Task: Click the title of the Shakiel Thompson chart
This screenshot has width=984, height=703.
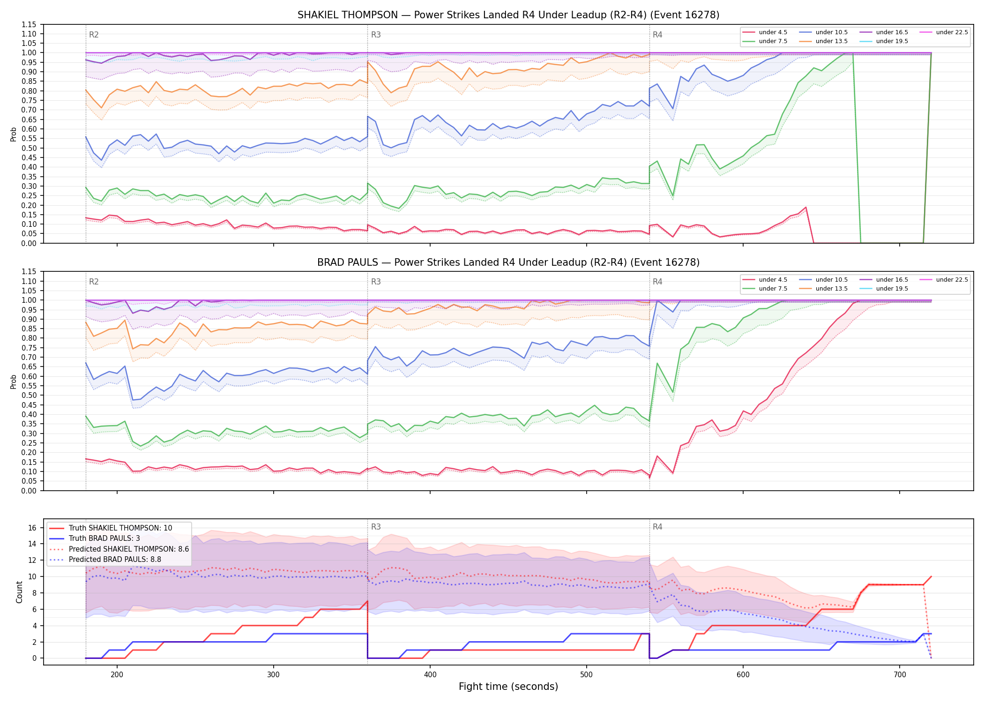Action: pyautogui.click(x=508, y=15)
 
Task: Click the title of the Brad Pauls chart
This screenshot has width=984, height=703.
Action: pyautogui.click(x=508, y=262)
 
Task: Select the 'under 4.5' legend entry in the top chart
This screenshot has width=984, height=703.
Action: pyautogui.click(x=765, y=32)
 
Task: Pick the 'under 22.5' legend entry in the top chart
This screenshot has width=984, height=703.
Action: pyautogui.click(x=944, y=32)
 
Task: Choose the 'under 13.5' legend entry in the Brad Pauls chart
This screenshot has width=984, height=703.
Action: pyautogui.click(x=824, y=289)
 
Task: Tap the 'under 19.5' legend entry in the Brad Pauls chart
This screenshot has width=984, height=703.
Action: pyautogui.click(x=884, y=289)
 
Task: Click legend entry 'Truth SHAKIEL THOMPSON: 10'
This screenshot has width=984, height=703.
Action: pyautogui.click(x=111, y=528)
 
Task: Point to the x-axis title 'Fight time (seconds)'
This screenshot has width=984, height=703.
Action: pyautogui.click(x=508, y=687)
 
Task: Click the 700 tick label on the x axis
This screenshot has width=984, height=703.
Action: pyautogui.click(x=900, y=675)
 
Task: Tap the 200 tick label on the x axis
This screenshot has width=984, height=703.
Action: pyautogui.click(x=117, y=675)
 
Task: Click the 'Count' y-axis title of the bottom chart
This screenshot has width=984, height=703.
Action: pyautogui.click(x=20, y=592)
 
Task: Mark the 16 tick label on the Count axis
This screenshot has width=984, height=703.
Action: pyautogui.click(x=32, y=528)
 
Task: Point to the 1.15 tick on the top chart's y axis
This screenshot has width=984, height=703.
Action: pyautogui.click(x=29, y=24)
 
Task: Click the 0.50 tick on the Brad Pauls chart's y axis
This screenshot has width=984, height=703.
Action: pyautogui.click(x=29, y=396)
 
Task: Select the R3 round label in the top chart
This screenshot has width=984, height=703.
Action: pyautogui.click(x=376, y=35)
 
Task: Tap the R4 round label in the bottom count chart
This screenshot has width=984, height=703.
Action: pyautogui.click(x=657, y=527)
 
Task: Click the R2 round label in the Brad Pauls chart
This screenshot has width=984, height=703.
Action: pyautogui.click(x=94, y=282)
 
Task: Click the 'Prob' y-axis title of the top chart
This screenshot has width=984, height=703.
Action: pyautogui.click(x=14, y=135)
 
